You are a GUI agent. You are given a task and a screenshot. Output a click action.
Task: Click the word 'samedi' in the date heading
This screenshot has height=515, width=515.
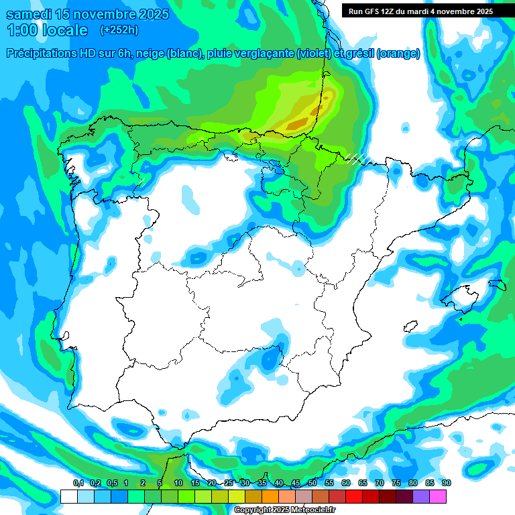[28, 14]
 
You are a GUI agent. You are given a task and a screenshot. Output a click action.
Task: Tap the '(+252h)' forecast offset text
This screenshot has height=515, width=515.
[119, 30]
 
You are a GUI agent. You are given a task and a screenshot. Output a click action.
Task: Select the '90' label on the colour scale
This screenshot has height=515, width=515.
[446, 483]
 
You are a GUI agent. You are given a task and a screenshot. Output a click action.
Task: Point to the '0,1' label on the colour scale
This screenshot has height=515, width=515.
[78, 483]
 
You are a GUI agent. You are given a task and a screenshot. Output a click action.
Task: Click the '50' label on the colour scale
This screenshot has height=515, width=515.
[312, 483]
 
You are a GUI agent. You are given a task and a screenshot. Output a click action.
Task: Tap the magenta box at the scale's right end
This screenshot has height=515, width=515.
[438, 496]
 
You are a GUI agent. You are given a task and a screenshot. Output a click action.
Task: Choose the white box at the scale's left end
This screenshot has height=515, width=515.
[68, 496]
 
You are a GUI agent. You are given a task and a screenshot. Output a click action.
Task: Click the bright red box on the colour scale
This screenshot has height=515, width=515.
[354, 496]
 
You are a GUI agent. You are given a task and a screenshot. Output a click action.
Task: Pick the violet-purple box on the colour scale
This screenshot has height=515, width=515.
[421, 496]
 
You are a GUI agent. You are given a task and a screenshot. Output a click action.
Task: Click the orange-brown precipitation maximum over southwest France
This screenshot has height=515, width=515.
[296, 124]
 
